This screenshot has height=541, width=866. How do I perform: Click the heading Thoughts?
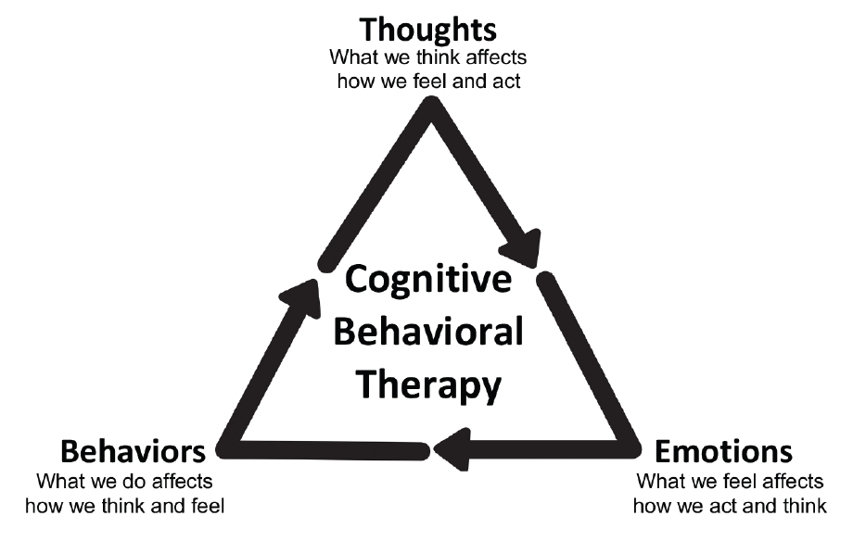[427, 29]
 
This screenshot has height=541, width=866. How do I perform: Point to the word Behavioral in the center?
[427, 331]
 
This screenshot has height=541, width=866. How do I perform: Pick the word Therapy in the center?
[427, 383]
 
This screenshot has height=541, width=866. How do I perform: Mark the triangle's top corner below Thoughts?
[431, 107]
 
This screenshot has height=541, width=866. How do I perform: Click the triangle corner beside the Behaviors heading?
[229, 449]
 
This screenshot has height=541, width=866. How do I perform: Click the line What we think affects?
[427, 57]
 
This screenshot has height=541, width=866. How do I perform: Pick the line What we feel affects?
[730, 482]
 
